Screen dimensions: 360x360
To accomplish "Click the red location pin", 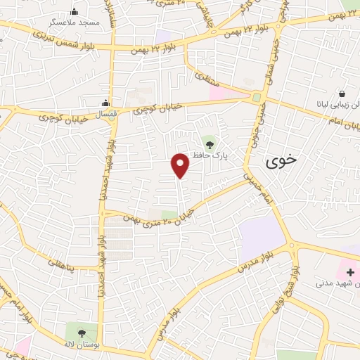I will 181,165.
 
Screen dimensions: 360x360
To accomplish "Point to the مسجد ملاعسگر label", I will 79,22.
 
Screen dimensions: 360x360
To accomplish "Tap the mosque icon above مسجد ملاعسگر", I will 75,12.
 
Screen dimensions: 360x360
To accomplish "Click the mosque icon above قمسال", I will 105,103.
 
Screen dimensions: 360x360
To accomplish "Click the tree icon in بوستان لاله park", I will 82,331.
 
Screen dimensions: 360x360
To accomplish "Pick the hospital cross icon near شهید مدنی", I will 350,272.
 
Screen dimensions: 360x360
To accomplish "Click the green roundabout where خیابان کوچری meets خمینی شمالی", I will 257,98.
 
